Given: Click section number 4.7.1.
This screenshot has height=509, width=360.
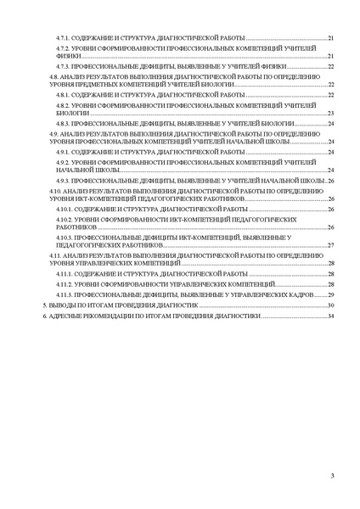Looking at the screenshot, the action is pos(62,39).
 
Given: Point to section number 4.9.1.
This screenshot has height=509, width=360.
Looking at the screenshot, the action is pos(62,152).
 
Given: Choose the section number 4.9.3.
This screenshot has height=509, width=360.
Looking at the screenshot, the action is pos(62,181).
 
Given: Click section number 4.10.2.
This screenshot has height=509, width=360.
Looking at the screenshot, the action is pos(64,218).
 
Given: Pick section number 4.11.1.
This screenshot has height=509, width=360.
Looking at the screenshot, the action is pos(64,275).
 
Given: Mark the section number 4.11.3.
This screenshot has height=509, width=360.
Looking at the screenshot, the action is pos(64,294).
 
